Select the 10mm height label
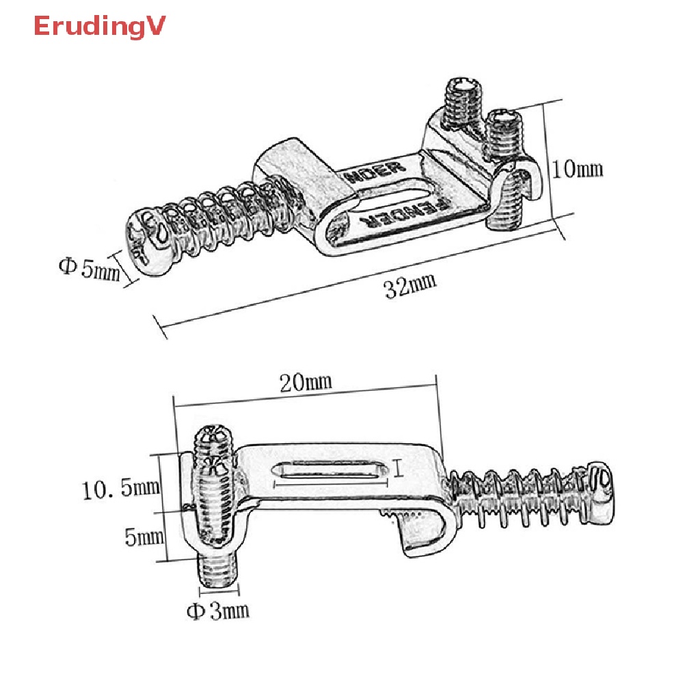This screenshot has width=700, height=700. click(578, 167)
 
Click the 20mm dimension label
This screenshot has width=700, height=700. click(306, 381)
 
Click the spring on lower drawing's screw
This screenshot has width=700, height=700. click(520, 499)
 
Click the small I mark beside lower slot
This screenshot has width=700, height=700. click(399, 469)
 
